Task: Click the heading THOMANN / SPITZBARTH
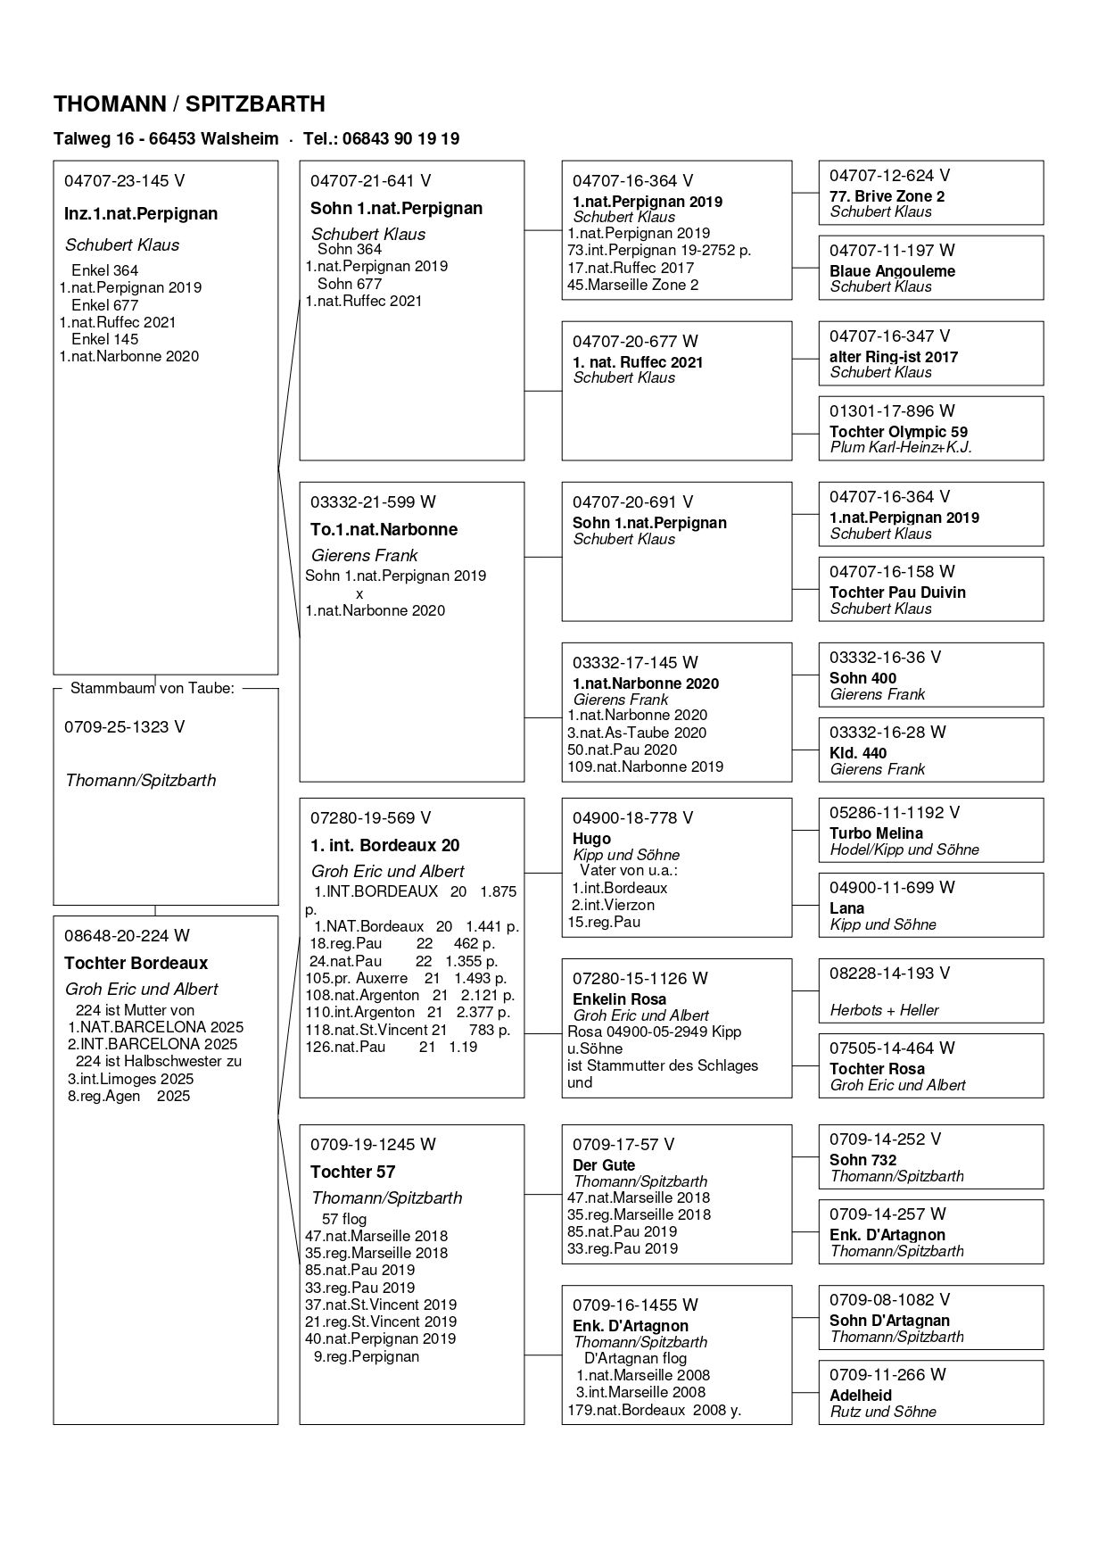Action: tap(189, 104)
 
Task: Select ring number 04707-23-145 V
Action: tap(124, 181)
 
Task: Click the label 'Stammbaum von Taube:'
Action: tap(153, 688)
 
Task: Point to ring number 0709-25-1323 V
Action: tap(124, 727)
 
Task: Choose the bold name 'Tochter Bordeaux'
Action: tap(136, 963)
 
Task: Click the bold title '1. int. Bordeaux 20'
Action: tap(384, 845)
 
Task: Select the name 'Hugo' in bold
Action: tap(591, 839)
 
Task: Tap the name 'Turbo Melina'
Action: tap(876, 833)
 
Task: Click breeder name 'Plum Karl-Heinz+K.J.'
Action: tap(901, 447)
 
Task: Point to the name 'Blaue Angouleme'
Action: tap(892, 271)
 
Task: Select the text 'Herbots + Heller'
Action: tap(884, 1010)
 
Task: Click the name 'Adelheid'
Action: tap(860, 1396)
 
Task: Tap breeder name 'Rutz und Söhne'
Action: tap(883, 1412)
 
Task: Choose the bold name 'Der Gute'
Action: tap(604, 1165)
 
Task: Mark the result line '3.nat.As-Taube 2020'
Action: tap(637, 733)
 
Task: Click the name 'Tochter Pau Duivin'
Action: tap(897, 592)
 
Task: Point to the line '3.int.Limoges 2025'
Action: tap(129, 1079)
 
